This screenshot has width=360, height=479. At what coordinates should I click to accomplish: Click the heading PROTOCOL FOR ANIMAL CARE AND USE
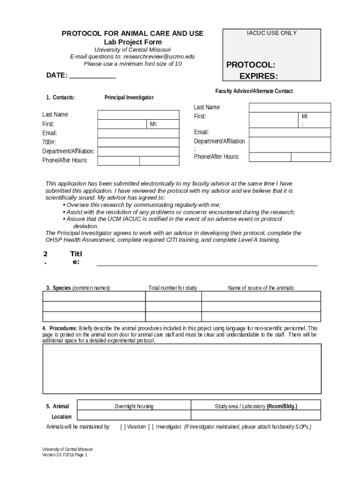[x=133, y=34]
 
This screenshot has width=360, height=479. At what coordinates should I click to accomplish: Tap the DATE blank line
[x=92, y=76]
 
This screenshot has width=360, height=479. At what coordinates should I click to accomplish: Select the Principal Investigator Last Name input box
[x=138, y=115]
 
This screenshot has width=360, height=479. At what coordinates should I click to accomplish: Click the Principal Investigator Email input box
[x=138, y=133]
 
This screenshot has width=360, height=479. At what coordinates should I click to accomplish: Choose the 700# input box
[x=138, y=142]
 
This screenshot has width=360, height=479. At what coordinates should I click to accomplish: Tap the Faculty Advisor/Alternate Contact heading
[x=254, y=91]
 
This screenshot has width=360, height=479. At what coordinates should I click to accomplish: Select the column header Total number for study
[x=173, y=288]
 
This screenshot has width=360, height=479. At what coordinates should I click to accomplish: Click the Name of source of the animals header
[x=261, y=288]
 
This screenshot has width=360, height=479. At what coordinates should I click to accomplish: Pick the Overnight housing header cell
[x=134, y=406]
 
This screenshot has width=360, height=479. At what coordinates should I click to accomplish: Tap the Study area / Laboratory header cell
[x=256, y=406]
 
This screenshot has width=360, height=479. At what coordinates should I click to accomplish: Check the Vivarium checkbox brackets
[x=123, y=427]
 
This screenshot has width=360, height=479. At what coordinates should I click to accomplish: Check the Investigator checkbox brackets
[x=151, y=427]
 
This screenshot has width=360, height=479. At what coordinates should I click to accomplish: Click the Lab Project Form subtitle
[x=133, y=42]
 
